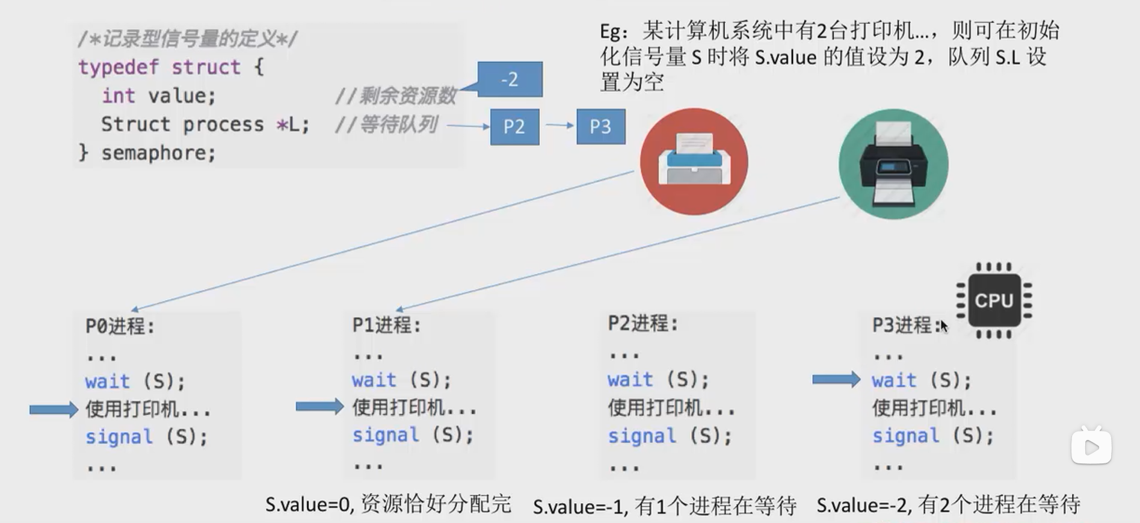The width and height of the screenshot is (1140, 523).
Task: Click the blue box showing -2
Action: [510, 79]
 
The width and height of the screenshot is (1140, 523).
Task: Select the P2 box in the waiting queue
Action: [514, 127]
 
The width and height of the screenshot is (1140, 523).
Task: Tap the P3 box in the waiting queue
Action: [600, 127]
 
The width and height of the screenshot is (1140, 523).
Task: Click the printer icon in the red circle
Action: [694, 161]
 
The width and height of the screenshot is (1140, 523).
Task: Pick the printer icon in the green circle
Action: [893, 164]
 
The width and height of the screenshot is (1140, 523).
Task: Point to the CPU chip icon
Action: [994, 300]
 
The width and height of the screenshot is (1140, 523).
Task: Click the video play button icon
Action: [1091, 447]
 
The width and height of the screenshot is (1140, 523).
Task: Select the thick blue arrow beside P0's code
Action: [54, 410]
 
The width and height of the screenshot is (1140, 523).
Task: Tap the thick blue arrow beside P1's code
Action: [319, 407]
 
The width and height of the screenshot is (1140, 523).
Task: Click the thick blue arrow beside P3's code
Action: [836, 379]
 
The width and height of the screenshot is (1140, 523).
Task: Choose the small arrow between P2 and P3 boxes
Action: [559, 125]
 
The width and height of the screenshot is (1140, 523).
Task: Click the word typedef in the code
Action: [119, 67]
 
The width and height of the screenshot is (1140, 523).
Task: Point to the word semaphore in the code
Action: [158, 153]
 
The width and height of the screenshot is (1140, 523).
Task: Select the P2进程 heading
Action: [642, 324]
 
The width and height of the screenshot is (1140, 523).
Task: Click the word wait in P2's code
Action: [630, 380]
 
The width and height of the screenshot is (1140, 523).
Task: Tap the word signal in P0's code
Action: [119, 437]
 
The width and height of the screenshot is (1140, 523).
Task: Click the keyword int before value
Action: [118, 96]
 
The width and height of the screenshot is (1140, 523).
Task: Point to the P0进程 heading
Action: [120, 326]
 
